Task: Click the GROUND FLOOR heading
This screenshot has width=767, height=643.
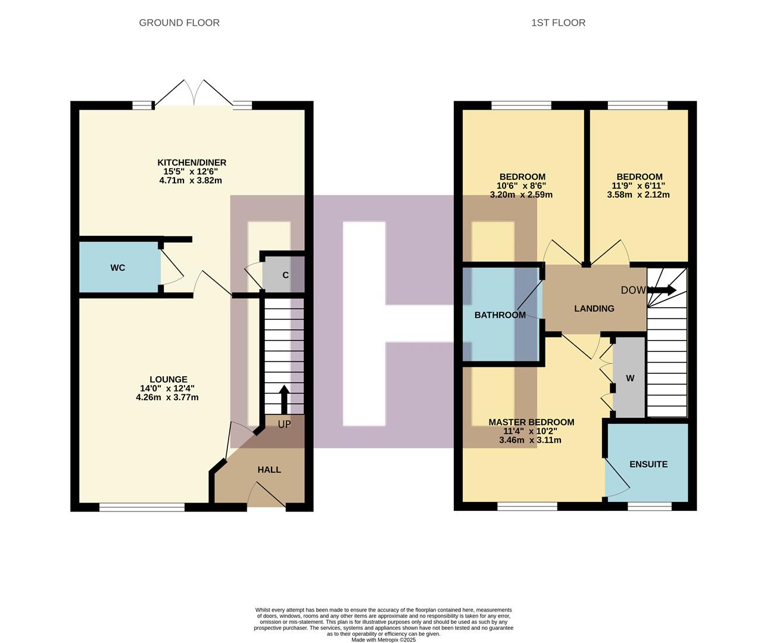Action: pos(179,23)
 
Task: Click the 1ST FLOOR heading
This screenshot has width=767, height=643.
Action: pos(558,23)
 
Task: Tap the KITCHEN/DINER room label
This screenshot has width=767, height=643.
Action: pos(191,163)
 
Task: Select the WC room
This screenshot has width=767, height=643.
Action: pos(118,268)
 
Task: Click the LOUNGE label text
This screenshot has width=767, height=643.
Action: pos(168,379)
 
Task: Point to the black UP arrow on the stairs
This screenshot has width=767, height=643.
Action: pos(284,399)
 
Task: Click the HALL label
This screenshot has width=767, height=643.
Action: pos(269,470)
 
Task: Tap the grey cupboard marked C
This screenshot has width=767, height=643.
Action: pos(285,275)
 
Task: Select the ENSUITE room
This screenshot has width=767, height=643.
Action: pos(648,464)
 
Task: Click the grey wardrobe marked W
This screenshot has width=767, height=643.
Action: pos(629,378)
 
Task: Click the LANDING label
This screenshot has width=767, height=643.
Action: pos(594,308)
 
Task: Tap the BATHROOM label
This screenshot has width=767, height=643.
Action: pos(500,315)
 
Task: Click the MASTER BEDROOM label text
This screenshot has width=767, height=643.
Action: pos(531,422)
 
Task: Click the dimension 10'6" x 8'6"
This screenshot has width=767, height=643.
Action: pos(521,186)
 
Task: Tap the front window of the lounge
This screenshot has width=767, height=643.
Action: pos(142,507)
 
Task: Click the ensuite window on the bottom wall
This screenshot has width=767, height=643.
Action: pos(649,507)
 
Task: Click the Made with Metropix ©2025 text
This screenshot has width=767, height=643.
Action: pos(383,640)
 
